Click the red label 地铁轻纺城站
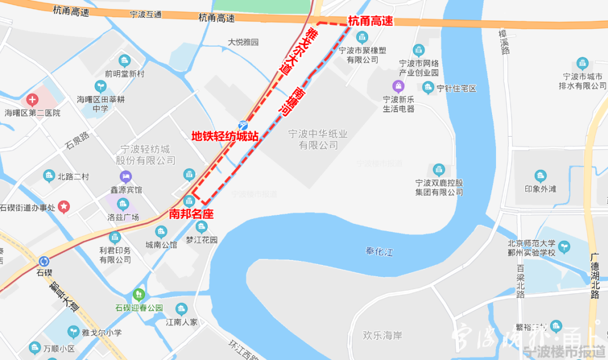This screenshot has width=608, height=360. click(x=225, y=136)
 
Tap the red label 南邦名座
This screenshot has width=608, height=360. click(x=191, y=214)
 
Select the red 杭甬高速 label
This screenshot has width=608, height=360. click(x=370, y=21)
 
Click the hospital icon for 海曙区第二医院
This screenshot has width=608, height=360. click(x=33, y=101)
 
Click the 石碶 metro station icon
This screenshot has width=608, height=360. click(x=44, y=262)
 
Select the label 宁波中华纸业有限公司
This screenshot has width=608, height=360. click(x=318, y=139)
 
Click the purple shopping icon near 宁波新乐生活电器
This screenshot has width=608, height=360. click(x=399, y=85)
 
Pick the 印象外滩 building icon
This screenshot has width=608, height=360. click(x=540, y=176)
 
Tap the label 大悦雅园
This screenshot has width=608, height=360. click(x=243, y=42)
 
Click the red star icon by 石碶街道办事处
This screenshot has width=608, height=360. click(x=65, y=207)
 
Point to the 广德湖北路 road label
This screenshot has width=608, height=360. click(x=594, y=276)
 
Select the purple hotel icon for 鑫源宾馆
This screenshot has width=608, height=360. click(x=125, y=177)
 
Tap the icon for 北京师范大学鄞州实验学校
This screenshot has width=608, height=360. click(x=564, y=246)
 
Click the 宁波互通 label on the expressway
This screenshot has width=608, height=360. click(x=145, y=15)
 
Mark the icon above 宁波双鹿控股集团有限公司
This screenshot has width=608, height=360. click(x=439, y=169)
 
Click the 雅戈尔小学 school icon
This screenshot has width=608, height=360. click(x=73, y=331)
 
